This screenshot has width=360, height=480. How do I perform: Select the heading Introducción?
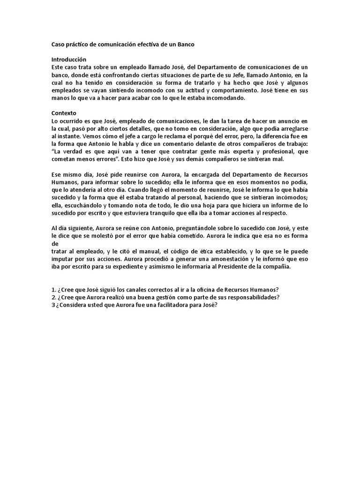tap(69, 60)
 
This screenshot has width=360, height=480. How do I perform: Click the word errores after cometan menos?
tap(104, 159)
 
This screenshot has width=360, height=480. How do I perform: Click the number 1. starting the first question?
tap(53, 289)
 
